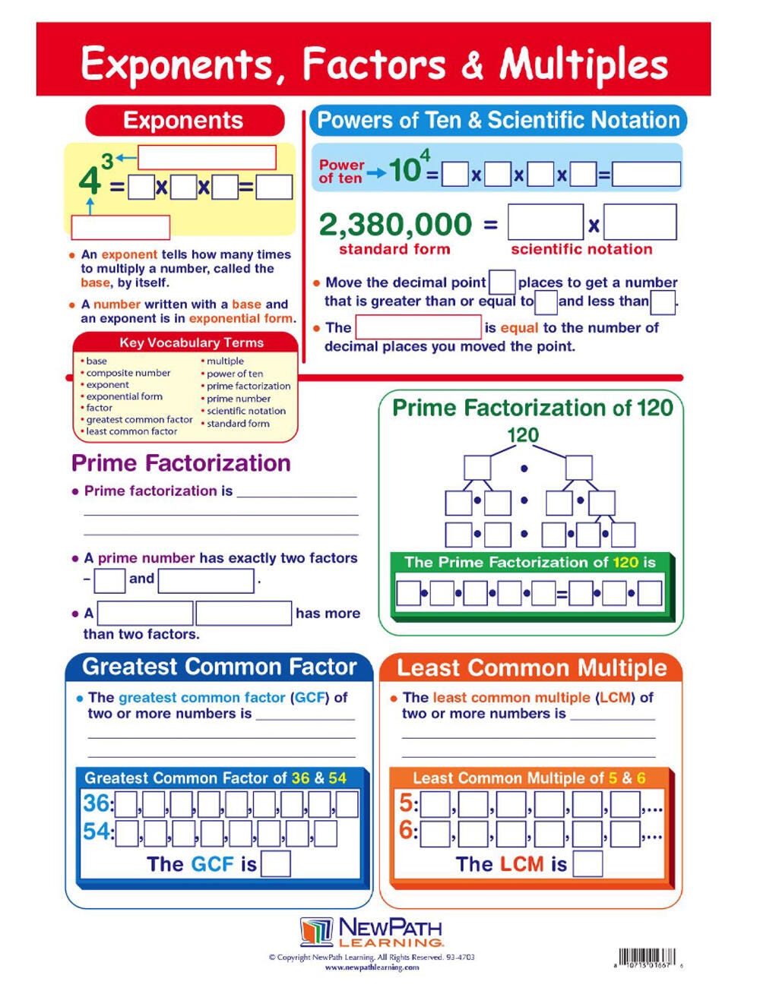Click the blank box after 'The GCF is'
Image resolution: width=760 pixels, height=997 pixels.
point(275,864)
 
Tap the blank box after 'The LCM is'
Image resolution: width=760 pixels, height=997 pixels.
point(587,864)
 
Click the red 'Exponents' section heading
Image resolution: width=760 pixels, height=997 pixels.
point(184,121)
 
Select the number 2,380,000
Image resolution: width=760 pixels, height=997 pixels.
point(395,225)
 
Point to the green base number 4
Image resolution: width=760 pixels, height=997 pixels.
point(90,181)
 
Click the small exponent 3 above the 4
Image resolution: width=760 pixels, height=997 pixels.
point(107,161)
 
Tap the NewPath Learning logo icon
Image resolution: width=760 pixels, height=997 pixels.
point(316,931)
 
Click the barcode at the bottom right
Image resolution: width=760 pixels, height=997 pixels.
point(646,958)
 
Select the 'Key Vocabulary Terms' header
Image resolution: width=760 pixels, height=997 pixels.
point(191,342)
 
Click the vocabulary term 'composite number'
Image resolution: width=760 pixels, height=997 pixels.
point(128,373)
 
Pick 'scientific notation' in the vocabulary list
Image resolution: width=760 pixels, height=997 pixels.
point(246,411)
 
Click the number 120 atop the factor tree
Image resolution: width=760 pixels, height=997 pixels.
point(523,435)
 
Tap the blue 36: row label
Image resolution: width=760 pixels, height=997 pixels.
point(97,803)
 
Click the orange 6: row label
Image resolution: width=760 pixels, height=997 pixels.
point(408,831)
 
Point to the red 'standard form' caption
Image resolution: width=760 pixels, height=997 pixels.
point(394,249)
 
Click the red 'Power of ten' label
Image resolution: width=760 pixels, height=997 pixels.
point(341,172)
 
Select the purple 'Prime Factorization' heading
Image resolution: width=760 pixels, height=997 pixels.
point(181,463)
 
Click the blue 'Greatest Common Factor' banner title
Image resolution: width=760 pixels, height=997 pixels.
point(219,667)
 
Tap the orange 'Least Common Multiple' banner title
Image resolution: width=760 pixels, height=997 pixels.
point(531,668)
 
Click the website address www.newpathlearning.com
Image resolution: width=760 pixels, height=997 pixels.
point(372,967)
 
